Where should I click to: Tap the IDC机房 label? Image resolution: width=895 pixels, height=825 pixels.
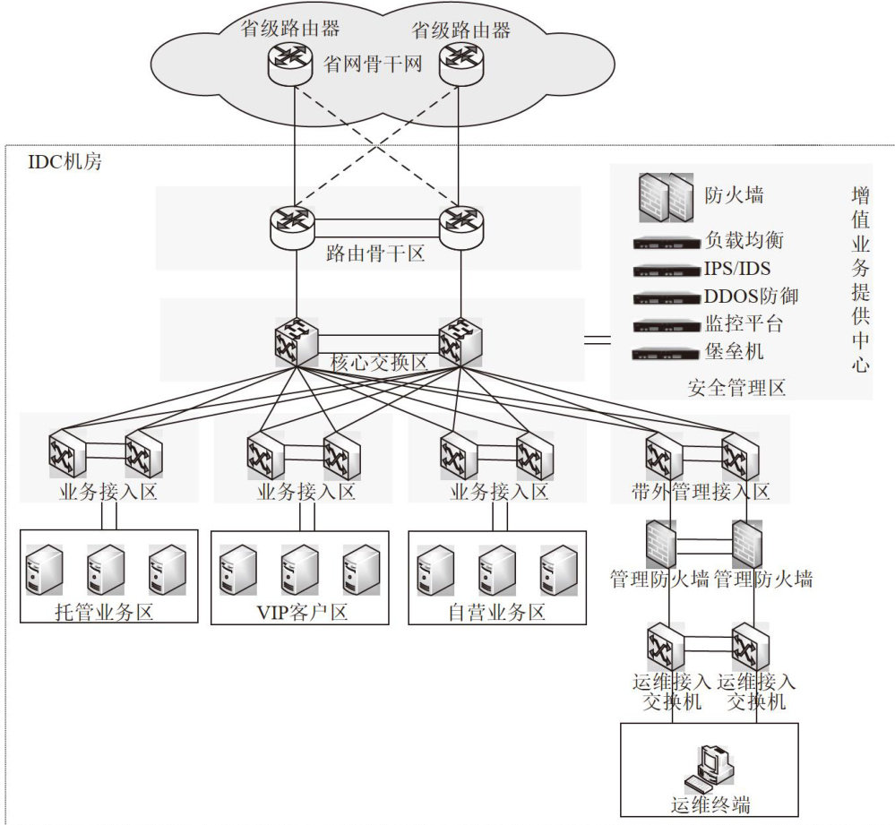click(x=67, y=163)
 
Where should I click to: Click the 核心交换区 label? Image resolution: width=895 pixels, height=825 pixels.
click(x=379, y=363)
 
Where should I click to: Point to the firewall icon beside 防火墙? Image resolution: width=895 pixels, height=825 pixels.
click(x=666, y=196)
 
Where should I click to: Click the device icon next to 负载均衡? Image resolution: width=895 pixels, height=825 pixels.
click(x=665, y=243)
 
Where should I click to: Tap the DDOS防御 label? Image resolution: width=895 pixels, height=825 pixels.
click(x=751, y=296)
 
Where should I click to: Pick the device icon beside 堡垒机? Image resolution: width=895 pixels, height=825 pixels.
click(x=665, y=353)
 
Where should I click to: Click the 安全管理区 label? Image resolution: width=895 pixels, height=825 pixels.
click(x=736, y=388)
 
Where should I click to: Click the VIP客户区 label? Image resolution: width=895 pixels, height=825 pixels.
click(x=301, y=613)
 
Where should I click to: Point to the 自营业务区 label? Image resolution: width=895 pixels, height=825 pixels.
click(x=497, y=613)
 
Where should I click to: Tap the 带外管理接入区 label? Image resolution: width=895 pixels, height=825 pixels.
click(x=701, y=492)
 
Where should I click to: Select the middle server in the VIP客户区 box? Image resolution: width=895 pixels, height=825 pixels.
click(x=300, y=569)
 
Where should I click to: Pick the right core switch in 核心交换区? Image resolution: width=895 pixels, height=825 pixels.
click(x=460, y=341)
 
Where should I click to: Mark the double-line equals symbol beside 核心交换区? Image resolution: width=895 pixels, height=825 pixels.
click(x=598, y=340)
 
